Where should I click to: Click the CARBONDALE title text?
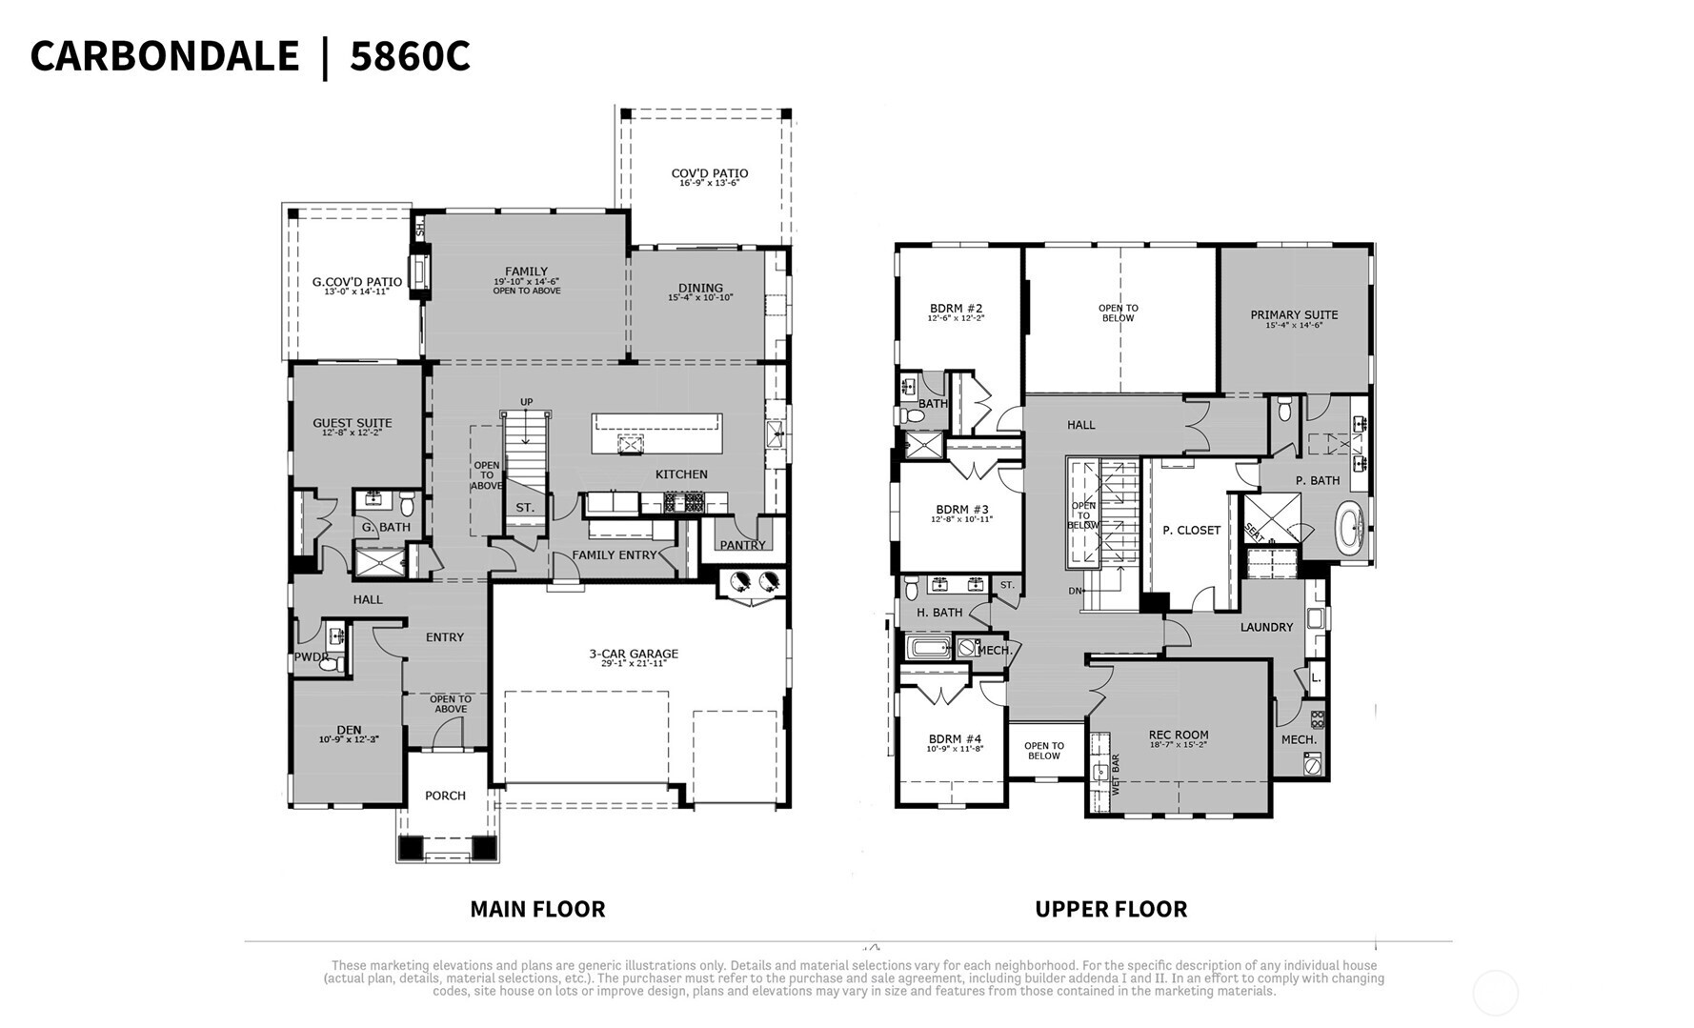164,56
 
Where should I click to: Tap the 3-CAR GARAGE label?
633,654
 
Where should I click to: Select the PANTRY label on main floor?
742,545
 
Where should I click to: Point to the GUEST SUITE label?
353,423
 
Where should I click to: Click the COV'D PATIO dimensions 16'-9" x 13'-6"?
709,183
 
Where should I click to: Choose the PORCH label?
445,796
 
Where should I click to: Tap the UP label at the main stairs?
526,402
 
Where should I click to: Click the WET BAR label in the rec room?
1116,775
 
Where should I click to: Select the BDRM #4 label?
955,738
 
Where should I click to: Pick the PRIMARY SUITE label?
1294,314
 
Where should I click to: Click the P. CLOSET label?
1191,530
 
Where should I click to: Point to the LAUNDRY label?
1266,627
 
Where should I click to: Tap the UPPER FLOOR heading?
1111,909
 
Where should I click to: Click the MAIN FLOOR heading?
537,909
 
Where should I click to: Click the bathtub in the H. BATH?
929,649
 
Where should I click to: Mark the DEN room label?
349,730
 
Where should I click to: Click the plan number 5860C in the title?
410,56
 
